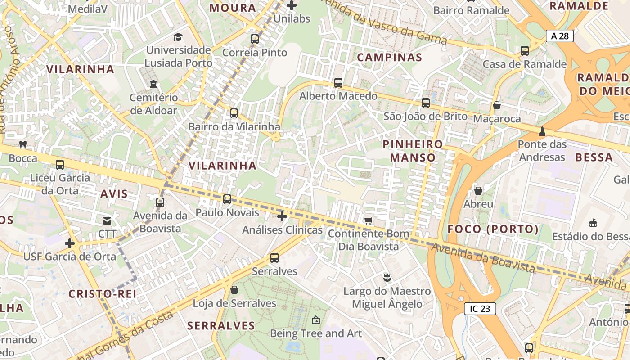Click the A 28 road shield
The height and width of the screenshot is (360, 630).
pos(560,36)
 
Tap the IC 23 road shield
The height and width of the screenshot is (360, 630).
pos(480,308)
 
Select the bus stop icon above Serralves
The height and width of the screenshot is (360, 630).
pos(274,258)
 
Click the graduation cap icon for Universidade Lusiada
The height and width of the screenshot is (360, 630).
pos(179,37)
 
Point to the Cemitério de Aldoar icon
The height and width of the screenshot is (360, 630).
pos(153,84)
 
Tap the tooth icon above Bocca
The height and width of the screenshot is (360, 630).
pos(23,145)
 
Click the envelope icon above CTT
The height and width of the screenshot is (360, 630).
pos(107,220)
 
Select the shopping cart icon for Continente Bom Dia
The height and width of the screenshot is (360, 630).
pos(368,220)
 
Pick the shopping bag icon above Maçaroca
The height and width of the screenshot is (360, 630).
pos(497,105)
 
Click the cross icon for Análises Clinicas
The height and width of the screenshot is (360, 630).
pos(282,217)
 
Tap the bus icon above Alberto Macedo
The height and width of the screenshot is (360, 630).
pos(338,83)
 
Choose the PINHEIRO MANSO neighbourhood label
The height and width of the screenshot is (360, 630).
pos(413,151)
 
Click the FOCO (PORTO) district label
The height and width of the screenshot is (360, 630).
pos(493,229)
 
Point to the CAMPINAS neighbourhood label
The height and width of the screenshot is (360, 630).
pos(389,57)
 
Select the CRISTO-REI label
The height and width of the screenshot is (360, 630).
pos(102,294)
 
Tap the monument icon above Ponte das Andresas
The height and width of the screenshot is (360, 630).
pos(542,131)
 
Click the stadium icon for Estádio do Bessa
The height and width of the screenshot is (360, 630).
pos(593,223)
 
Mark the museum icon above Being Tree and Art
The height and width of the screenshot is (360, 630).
pos(316,320)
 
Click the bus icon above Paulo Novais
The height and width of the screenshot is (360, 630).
pos(227,199)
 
